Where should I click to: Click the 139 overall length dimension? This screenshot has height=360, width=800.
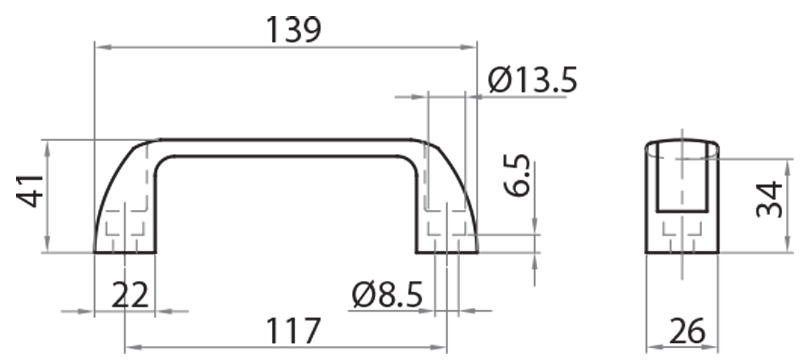(x=293, y=29)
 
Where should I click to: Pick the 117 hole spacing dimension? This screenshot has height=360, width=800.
(x=292, y=330)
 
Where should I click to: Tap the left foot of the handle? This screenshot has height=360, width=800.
(x=125, y=235)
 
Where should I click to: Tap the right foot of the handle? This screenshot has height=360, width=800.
(x=447, y=235)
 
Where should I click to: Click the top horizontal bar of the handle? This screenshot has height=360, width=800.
(x=286, y=147)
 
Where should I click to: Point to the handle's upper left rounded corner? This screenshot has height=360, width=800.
(x=135, y=160)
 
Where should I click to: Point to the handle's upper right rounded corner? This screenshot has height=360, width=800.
(x=438, y=160)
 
